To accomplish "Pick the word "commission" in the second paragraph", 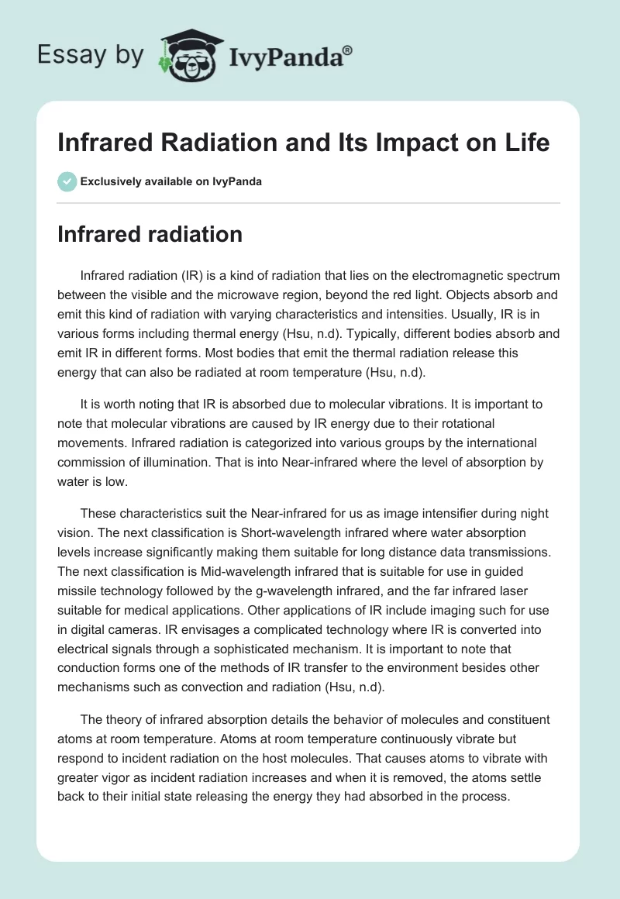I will pyautogui.click(x=93, y=463).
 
